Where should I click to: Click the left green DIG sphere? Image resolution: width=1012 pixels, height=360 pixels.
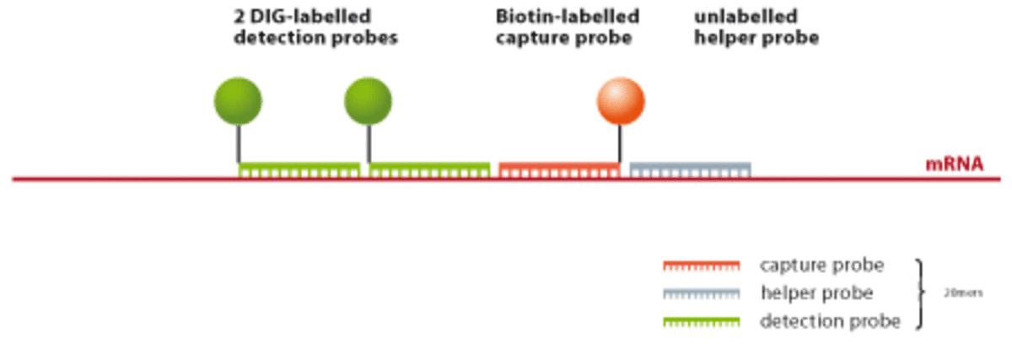pos(238,101)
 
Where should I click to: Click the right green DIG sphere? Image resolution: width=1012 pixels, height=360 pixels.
pos(368,101)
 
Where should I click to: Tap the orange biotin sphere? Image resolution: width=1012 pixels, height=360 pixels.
pos(621,101)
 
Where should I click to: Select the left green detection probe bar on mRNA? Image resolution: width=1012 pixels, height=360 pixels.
pos(299,169)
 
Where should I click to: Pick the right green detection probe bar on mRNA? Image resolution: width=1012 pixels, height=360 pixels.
pos(429,169)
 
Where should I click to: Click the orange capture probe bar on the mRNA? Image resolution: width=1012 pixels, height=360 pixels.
pos(559,169)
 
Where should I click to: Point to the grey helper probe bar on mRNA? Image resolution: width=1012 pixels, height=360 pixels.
pos(690,169)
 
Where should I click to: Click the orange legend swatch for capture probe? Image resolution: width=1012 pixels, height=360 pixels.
pos(701,266)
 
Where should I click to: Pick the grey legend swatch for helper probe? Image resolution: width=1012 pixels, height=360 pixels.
pos(701,294)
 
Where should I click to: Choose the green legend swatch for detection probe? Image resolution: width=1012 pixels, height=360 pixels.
pos(701,321)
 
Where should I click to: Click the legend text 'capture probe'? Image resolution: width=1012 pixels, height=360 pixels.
pos(821,266)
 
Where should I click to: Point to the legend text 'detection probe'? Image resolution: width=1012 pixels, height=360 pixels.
pos(830,321)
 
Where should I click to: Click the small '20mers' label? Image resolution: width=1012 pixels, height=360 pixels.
pos(962,293)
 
